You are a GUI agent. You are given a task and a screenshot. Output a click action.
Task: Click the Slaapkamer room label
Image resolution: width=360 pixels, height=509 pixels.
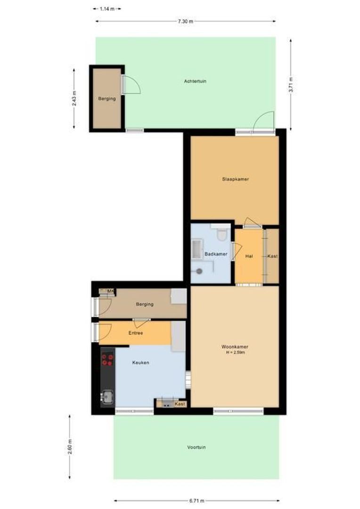(236, 179)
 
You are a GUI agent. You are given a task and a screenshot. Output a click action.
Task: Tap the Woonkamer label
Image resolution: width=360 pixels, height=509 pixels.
(235, 347)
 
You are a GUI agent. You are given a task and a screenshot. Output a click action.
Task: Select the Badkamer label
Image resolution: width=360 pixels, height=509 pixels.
(216, 254)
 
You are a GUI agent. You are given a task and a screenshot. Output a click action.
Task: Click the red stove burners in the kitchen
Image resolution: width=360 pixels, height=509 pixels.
(107, 360)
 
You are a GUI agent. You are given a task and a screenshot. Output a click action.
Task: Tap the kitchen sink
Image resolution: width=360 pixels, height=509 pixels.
(107, 397)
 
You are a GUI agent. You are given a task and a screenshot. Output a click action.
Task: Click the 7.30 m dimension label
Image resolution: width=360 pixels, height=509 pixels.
(186, 21)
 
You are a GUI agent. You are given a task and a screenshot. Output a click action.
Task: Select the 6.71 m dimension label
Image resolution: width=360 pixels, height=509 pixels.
(196, 501)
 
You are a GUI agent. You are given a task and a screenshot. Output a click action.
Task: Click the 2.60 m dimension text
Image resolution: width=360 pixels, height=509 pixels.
(70, 446)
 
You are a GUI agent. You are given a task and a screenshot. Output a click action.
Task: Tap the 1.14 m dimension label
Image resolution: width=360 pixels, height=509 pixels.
(107, 8)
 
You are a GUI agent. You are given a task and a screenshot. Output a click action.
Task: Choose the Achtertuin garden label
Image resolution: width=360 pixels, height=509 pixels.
(195, 81)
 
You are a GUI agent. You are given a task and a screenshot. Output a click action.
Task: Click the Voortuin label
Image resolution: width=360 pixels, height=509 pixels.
(196, 447)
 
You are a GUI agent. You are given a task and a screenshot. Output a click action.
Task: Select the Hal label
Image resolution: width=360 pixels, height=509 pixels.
(249, 256)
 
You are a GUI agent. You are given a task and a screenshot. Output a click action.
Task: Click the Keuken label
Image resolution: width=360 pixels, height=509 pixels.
(141, 362)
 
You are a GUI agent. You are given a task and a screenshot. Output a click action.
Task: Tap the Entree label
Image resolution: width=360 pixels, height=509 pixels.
(136, 333)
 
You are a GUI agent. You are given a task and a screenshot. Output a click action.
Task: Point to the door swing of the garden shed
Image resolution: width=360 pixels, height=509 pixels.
(132, 85)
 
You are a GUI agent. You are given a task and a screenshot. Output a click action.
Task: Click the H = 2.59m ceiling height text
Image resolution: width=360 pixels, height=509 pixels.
(235, 353)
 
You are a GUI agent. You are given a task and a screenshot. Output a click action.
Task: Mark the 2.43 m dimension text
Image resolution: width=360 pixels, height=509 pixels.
(74, 99)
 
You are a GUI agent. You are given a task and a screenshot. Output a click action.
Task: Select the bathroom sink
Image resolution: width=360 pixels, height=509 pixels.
(196, 247)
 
